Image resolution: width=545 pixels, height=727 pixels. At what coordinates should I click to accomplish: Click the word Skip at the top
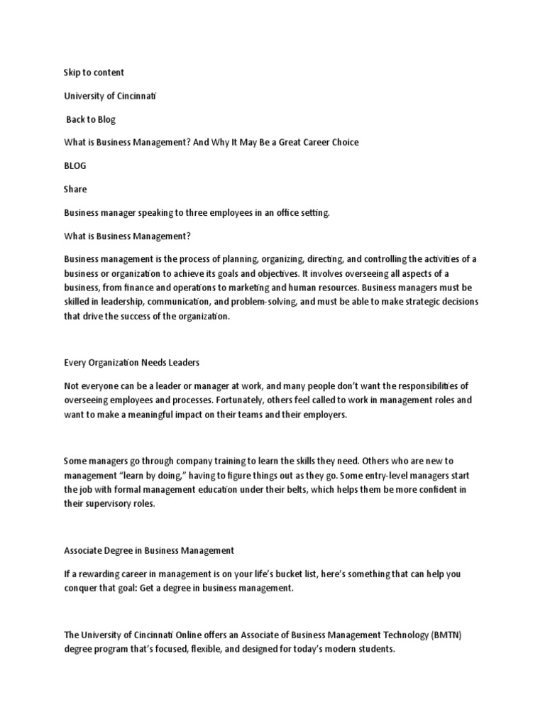[x=73, y=72]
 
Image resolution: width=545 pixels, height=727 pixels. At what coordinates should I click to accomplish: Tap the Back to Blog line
[x=90, y=119]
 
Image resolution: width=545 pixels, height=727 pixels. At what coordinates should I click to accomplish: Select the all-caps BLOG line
[x=75, y=165]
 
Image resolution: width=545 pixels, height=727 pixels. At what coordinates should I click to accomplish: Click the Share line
[x=75, y=189]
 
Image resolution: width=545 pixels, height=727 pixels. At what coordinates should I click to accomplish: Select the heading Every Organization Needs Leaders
[x=132, y=362]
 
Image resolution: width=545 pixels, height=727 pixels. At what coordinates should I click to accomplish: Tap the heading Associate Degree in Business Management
[x=149, y=550]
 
